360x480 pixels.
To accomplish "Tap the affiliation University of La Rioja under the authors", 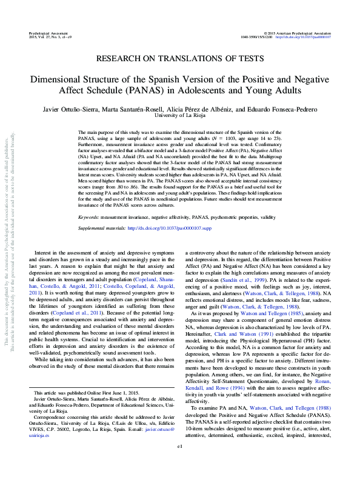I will [179, 115].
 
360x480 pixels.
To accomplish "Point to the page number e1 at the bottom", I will [180, 462].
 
